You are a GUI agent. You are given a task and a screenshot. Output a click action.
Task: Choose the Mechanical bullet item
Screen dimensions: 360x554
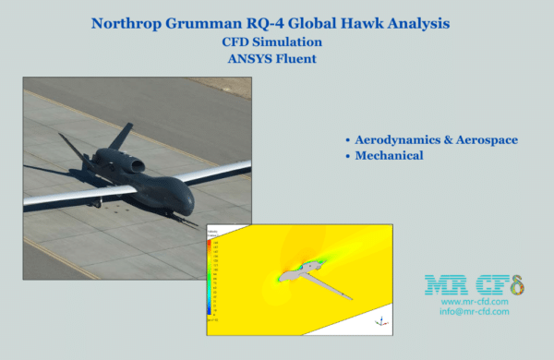point(389,156)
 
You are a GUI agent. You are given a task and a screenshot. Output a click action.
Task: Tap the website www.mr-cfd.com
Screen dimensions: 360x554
point(475,302)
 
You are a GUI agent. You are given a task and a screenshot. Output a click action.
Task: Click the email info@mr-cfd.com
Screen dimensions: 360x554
point(475,313)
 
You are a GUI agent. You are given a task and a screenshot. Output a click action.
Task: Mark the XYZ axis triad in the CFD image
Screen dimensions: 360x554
point(379,320)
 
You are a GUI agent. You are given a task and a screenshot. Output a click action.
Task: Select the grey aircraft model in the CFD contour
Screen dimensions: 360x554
point(306,274)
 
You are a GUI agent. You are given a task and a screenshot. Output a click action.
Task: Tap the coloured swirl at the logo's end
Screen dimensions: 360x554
point(518,284)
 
